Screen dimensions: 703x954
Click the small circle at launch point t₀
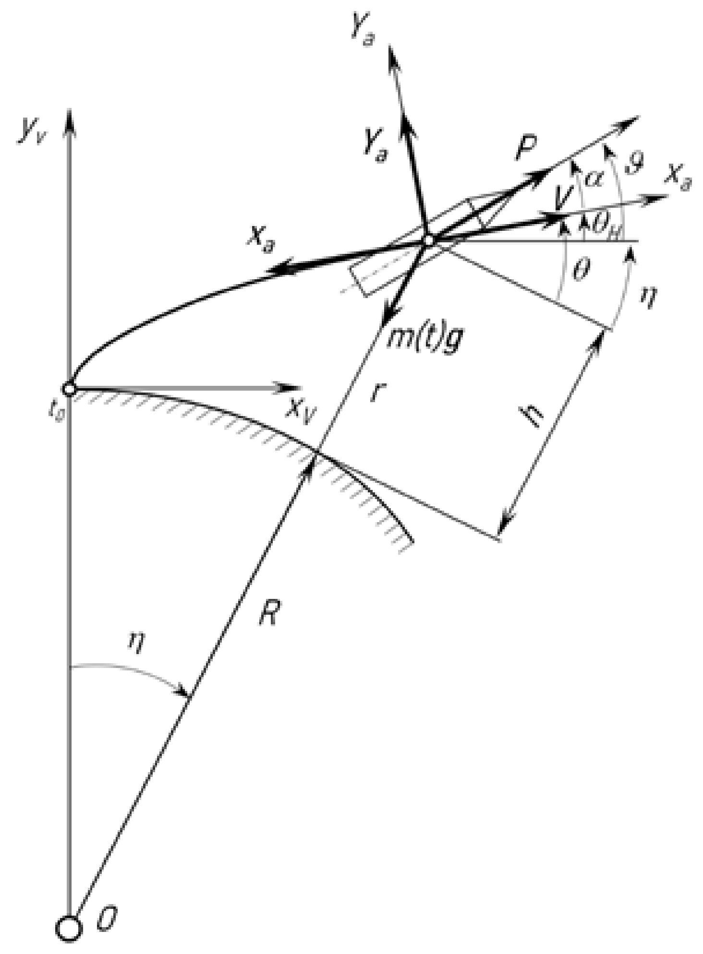click(x=69, y=388)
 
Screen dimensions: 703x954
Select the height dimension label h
click(x=536, y=415)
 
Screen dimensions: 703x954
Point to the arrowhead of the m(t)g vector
click(x=388, y=319)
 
